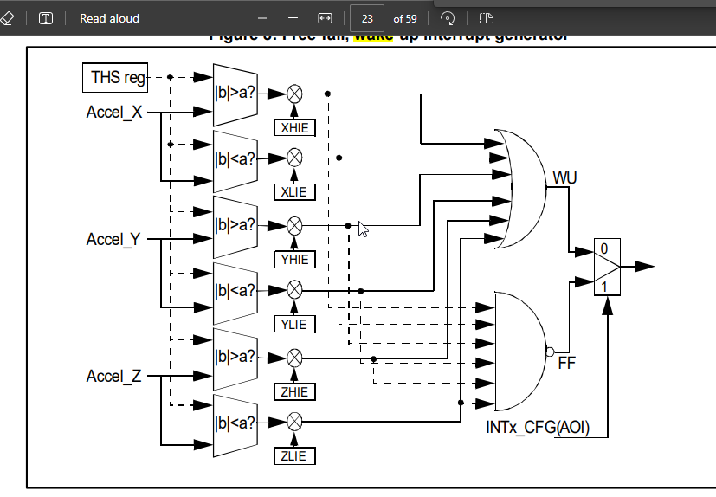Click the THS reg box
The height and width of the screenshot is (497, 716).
pos(115,78)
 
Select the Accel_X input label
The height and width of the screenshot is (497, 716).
pos(114,113)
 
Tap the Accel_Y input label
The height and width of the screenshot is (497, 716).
pos(113,239)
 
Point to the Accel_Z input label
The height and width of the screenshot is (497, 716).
pos(113,376)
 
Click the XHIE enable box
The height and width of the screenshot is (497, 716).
pos(294,127)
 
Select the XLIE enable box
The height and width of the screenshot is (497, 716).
pos(294,191)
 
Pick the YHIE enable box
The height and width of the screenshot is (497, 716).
pos(294,259)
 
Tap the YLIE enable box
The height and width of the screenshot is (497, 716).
pos(294,324)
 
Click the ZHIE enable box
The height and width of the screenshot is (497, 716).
pos(294,391)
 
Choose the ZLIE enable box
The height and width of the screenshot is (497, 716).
pos(294,455)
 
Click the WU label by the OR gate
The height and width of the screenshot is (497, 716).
pos(564,178)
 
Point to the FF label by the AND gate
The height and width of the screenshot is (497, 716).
pos(567,363)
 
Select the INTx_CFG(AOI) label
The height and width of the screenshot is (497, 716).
pos(539,428)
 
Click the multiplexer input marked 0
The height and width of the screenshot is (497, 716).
pos(604,248)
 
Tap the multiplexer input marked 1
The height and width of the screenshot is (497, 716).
pos(604,284)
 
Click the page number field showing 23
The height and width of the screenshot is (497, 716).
pos(367,18)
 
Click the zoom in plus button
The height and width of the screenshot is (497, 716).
pos(293,18)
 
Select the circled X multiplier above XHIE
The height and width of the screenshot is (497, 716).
pos(294,94)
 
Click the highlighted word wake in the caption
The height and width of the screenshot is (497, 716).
pos(374,36)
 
